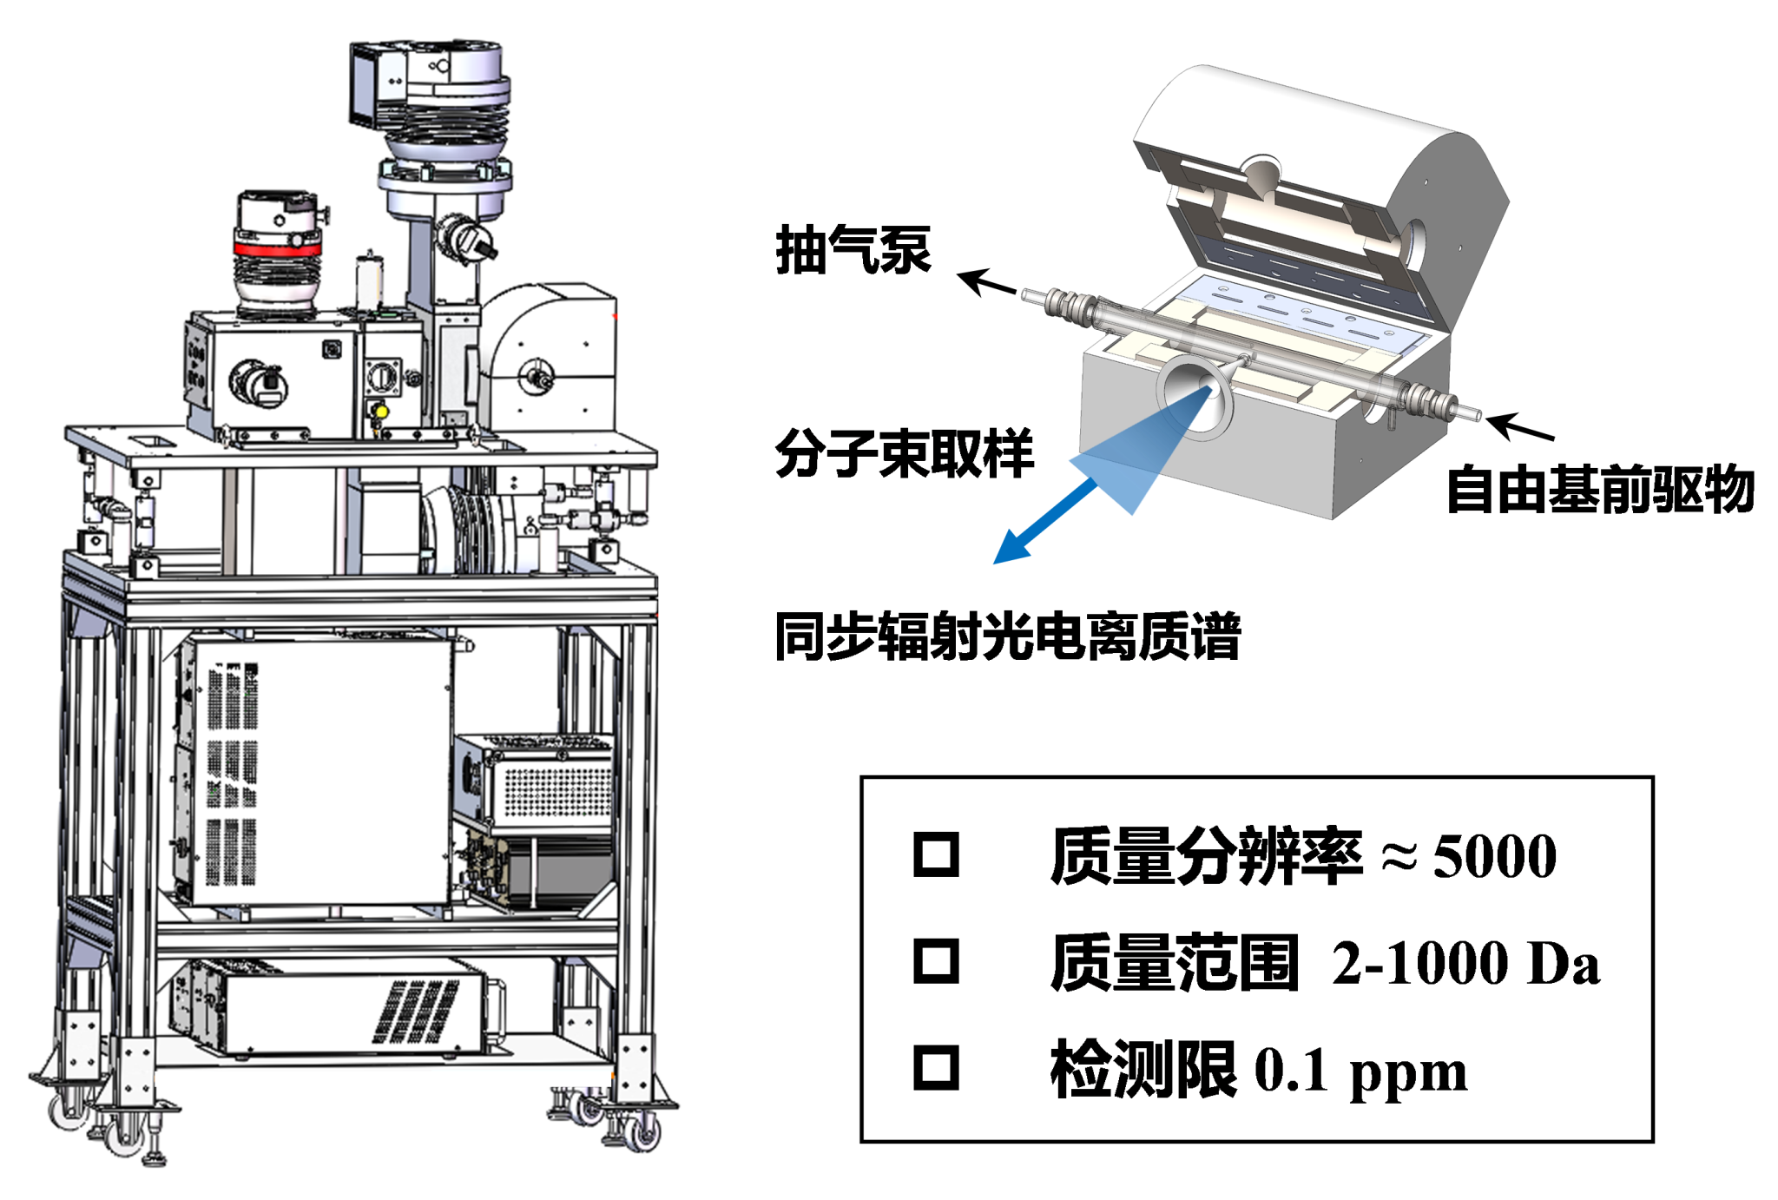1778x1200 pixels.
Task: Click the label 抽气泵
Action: point(853,250)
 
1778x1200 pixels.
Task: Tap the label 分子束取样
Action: point(904,453)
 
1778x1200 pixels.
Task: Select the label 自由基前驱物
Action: point(1599,490)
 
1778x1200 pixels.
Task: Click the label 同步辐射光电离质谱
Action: point(1007,636)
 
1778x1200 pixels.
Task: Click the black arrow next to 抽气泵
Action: point(986,283)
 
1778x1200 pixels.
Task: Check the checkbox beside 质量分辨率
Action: point(936,854)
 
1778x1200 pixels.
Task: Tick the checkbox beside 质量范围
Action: point(936,961)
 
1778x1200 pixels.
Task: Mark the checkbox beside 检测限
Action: point(936,1067)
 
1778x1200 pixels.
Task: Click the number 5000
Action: point(1494,856)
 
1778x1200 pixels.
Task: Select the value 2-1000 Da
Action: point(1465,963)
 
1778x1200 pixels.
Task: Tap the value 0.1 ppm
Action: point(1360,1071)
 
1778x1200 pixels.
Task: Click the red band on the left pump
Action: point(277,249)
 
